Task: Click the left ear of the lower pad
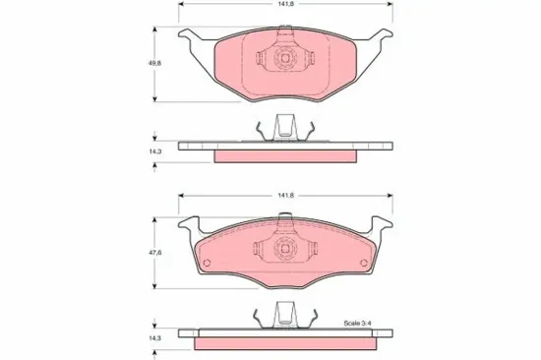[187, 228]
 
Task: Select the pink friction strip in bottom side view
[284, 344]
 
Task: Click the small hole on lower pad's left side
[208, 263]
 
